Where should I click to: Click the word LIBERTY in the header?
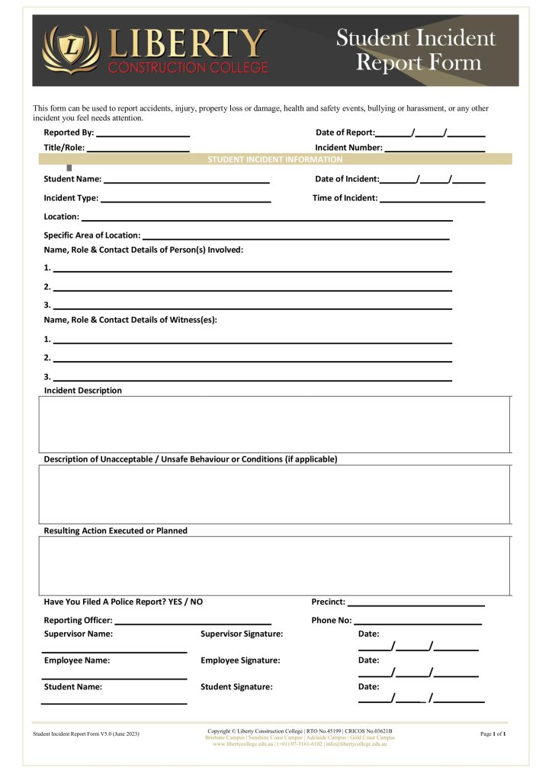188,43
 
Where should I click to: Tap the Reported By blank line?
143,135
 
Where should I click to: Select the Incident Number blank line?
435,150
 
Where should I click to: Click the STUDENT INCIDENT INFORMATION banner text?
275,160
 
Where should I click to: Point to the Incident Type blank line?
186,200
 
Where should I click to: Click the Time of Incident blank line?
432,200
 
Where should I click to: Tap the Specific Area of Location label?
92,235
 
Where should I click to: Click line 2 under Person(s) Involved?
252,289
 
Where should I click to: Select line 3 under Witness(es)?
252,379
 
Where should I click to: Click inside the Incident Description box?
274,424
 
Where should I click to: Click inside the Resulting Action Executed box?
274,565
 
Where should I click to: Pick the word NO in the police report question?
197,602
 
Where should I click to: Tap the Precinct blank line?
416,604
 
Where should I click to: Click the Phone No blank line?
418,622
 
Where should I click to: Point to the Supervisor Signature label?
242,634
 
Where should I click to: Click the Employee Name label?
77,660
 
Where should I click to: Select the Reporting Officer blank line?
193,622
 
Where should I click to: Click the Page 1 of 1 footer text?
493,734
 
